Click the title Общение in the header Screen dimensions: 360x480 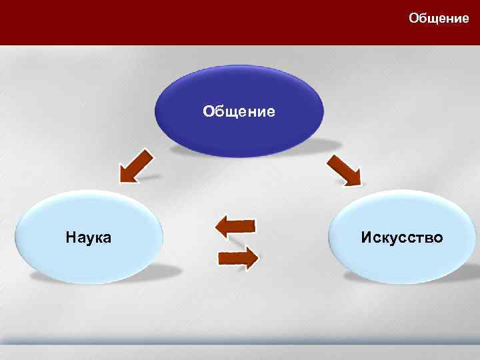click(439, 19)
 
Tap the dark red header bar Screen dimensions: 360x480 click(200, 23)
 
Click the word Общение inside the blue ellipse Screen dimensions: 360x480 click(239, 111)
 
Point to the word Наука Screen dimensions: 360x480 click(89, 237)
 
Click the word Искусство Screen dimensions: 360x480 click(402, 237)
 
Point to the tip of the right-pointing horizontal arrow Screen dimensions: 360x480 click(258, 257)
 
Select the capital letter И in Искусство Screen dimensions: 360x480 click(367, 237)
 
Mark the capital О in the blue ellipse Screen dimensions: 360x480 click(209, 111)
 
